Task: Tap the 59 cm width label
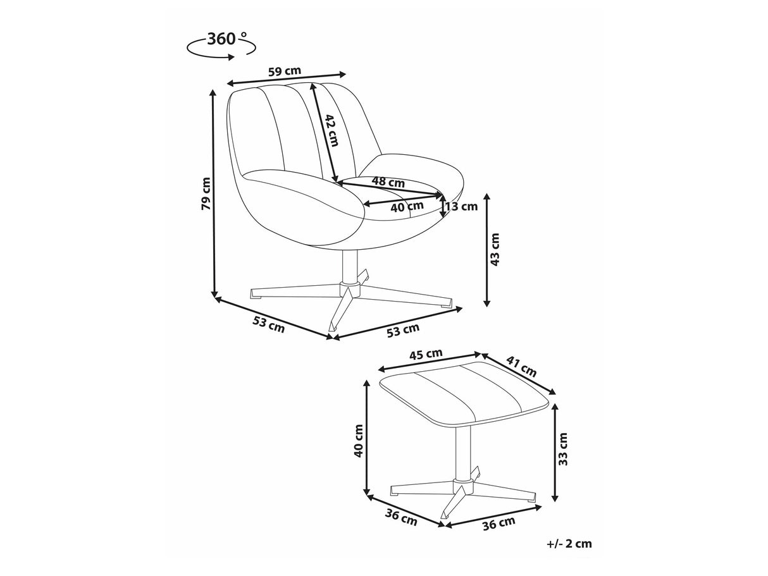(285, 71)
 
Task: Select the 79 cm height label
(206, 193)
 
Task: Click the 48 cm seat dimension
(388, 182)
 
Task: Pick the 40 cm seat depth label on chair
(407, 207)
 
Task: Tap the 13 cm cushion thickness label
(462, 206)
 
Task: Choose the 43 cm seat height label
(495, 249)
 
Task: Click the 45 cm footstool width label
(426, 355)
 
